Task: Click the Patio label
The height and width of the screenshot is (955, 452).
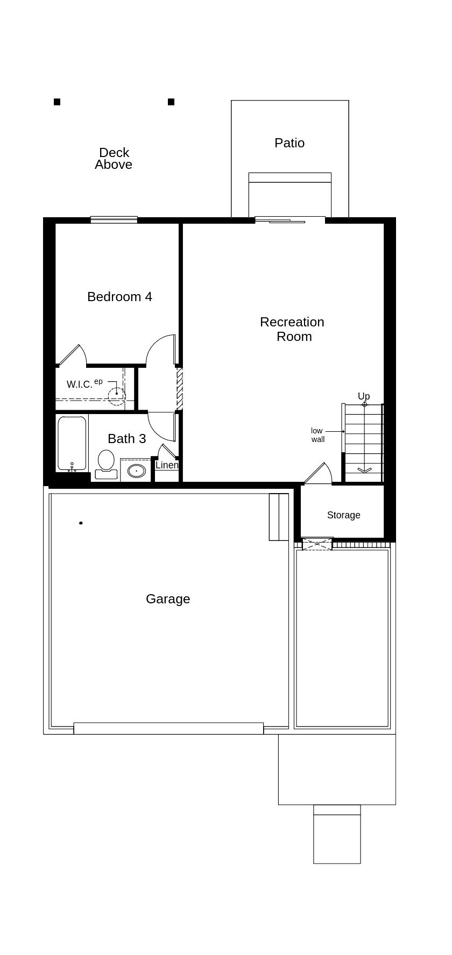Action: pyautogui.click(x=289, y=143)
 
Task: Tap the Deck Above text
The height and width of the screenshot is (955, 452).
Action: pyautogui.click(x=114, y=159)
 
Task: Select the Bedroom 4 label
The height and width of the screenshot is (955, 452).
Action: pyautogui.click(x=119, y=297)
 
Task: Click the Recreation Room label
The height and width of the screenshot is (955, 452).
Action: pyautogui.click(x=292, y=329)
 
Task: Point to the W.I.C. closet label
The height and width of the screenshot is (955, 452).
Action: pyautogui.click(x=80, y=384)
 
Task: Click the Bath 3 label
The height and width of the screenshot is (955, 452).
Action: pyautogui.click(x=126, y=439)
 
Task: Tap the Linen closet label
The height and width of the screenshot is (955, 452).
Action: pyautogui.click(x=167, y=465)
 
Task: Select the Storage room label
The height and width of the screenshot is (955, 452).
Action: pyautogui.click(x=343, y=515)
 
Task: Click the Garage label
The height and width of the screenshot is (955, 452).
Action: pyautogui.click(x=168, y=599)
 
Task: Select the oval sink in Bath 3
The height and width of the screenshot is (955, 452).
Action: pyautogui.click(x=137, y=471)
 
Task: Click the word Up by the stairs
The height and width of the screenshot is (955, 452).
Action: pyautogui.click(x=364, y=396)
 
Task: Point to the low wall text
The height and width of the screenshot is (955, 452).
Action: pyautogui.click(x=317, y=435)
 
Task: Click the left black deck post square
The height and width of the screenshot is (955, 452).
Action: pyautogui.click(x=57, y=102)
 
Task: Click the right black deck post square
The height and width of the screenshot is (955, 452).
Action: pyautogui.click(x=171, y=102)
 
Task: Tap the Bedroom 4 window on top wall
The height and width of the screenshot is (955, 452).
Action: pyautogui.click(x=114, y=219)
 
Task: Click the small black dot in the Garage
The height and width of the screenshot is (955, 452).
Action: pyautogui.click(x=81, y=523)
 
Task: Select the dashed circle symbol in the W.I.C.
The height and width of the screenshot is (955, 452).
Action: pyautogui.click(x=116, y=396)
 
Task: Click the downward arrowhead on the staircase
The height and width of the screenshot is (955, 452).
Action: pyautogui.click(x=364, y=470)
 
